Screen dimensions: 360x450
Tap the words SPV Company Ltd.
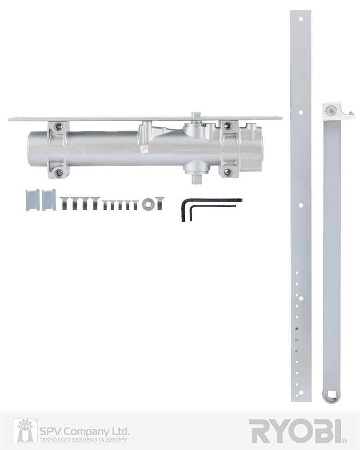(84, 432)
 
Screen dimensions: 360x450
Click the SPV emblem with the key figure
(25, 431)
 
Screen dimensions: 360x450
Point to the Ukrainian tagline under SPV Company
(83, 440)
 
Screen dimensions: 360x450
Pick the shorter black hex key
(212, 206)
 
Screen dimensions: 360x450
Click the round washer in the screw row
(148, 204)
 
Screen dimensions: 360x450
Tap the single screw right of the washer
(159, 203)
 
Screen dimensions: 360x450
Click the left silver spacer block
(33, 200)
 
